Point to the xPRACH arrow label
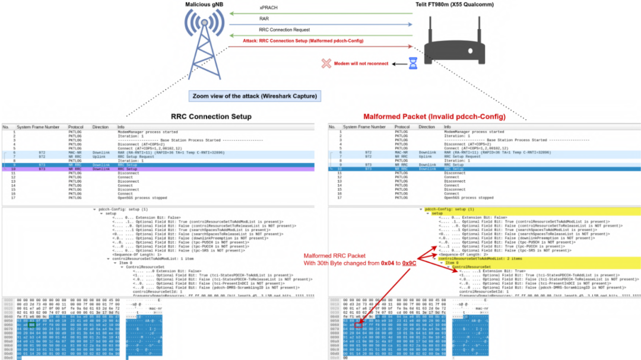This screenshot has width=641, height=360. tap(268, 7)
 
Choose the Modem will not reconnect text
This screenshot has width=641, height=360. tap(361, 63)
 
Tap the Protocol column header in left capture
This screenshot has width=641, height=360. tap(75, 127)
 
